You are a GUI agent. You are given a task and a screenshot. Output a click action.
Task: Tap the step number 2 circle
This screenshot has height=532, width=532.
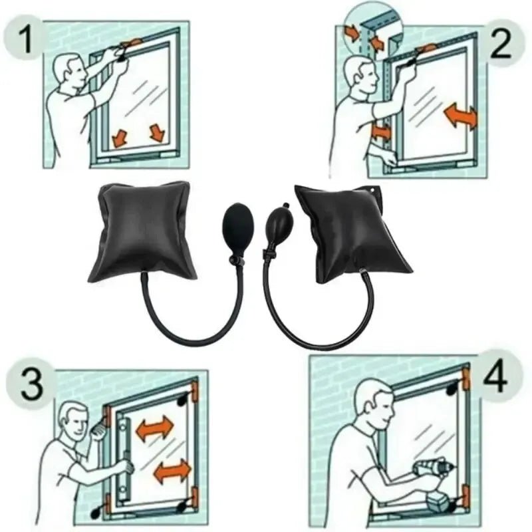click(x=501, y=43)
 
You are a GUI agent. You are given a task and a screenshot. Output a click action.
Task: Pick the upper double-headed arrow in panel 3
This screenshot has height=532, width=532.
click(x=154, y=429)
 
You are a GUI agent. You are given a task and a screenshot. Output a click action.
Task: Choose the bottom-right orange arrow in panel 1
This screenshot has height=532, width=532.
click(x=156, y=132)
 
